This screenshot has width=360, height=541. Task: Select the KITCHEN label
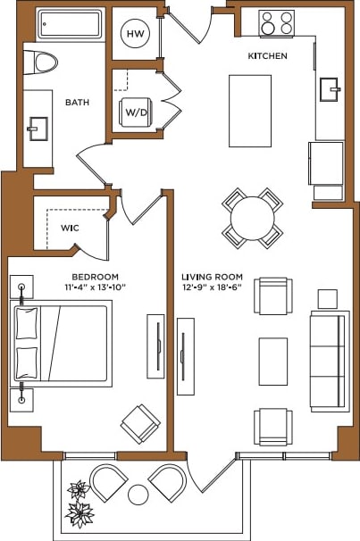267,56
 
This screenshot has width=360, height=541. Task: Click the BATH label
77,103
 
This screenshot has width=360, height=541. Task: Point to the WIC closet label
70,228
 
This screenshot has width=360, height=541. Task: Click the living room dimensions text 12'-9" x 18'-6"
213,287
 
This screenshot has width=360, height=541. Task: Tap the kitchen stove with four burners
277,23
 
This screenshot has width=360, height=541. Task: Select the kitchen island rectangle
250,112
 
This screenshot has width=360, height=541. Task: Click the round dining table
252,218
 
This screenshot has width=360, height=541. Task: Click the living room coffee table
273,361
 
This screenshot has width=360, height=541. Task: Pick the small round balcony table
138,494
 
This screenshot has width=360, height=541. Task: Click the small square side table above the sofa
328,298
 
